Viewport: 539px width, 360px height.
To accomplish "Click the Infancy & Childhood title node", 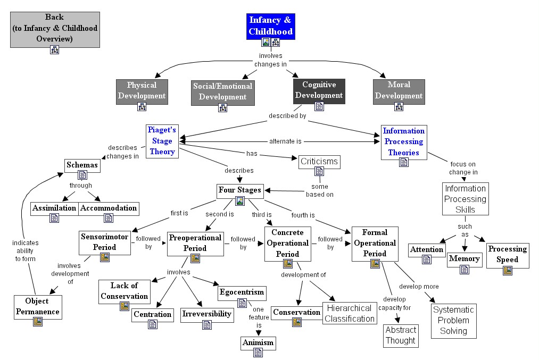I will [x=271, y=26].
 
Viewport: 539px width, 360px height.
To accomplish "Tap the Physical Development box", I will [x=142, y=90].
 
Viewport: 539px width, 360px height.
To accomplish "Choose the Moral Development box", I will [x=399, y=90].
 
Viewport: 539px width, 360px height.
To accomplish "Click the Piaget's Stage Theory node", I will [x=162, y=141].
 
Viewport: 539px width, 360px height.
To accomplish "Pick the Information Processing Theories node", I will [x=404, y=141].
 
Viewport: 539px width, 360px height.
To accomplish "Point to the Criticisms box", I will [x=319, y=161].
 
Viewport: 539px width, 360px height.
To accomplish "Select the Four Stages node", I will [x=239, y=190].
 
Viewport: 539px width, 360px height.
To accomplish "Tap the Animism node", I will [x=258, y=342].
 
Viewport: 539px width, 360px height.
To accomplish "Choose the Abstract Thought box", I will [x=400, y=335].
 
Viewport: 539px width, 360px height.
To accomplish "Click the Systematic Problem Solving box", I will [x=454, y=320].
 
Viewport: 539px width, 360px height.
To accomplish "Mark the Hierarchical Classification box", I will [x=350, y=313].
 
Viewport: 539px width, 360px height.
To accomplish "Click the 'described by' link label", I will [x=287, y=115].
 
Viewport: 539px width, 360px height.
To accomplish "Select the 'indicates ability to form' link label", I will [x=25, y=251].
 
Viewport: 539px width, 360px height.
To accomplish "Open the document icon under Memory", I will [x=464, y=270].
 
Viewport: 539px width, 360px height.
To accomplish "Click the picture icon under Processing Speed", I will [x=507, y=271].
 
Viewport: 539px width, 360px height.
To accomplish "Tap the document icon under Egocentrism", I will [x=242, y=303].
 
